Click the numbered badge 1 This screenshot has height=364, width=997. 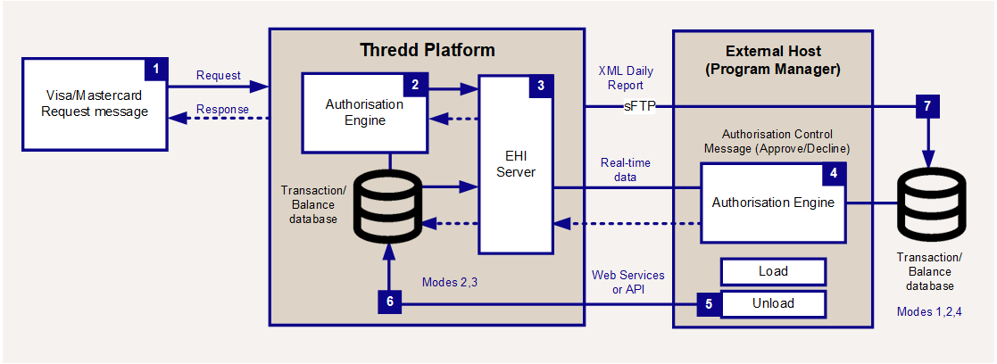pos(156,68)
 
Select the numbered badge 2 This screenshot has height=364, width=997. pos(415,85)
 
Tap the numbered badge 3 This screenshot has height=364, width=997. pos(541,87)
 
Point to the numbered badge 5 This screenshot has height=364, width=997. pos(709,303)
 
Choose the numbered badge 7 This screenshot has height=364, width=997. pos(927,106)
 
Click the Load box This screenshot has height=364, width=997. pos(773,271)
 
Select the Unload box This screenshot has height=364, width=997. pos(773,303)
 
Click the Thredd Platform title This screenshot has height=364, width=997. pos(427,49)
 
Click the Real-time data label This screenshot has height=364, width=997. pos(625,170)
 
